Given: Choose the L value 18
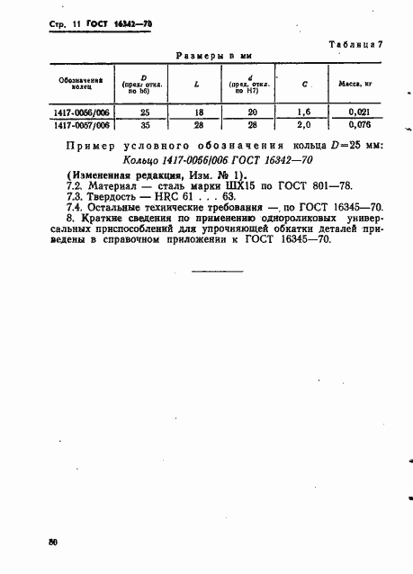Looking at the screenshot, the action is (196, 112).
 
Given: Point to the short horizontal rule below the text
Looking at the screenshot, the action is (216, 270).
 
